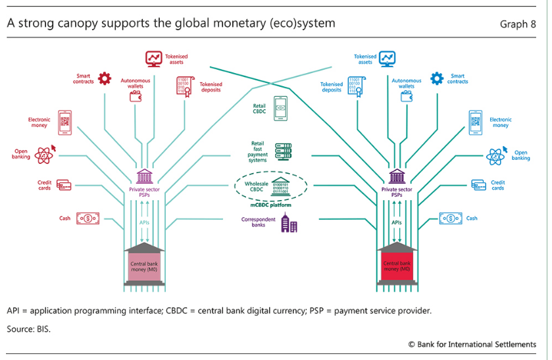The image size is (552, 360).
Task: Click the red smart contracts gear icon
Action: tap(105, 79)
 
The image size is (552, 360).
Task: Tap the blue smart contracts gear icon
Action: tap(437, 79)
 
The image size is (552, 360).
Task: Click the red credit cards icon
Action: tap(64, 185)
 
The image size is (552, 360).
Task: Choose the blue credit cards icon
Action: tap(478, 185)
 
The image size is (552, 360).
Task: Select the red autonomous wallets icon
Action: tap(136, 96)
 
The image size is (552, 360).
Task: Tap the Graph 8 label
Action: tap(518, 24)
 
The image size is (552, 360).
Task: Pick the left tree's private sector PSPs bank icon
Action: tap(144, 177)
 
